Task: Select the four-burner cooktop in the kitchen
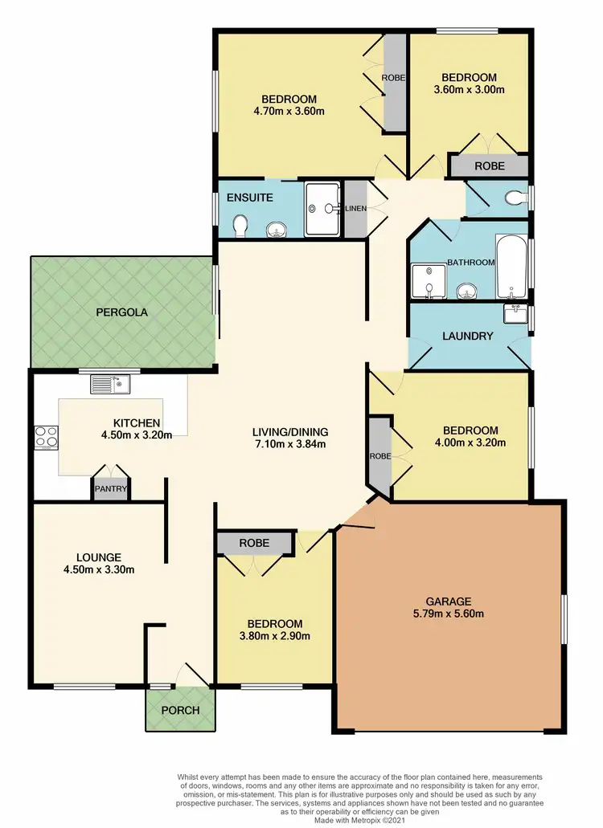pyautogui.click(x=45, y=438)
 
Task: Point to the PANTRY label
pyautogui.click(x=108, y=487)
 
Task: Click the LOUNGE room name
pyautogui.click(x=99, y=557)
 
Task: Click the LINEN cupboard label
pyautogui.click(x=355, y=209)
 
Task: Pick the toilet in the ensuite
pyautogui.click(x=239, y=227)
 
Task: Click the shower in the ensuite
pyautogui.click(x=324, y=209)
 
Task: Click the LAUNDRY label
pyautogui.click(x=467, y=336)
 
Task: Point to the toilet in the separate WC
pyautogui.click(x=513, y=196)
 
